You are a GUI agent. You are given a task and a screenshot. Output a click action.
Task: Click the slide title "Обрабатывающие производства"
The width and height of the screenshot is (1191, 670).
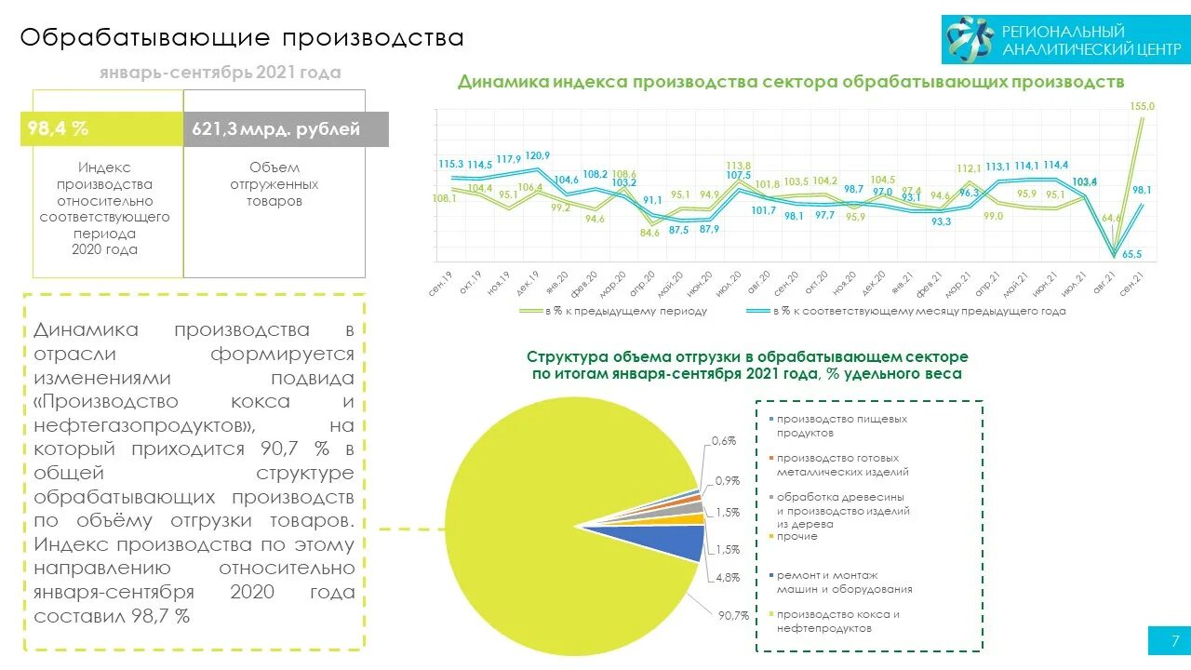click(x=242, y=37)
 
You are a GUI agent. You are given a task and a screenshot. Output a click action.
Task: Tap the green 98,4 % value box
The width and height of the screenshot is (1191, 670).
click(x=101, y=129)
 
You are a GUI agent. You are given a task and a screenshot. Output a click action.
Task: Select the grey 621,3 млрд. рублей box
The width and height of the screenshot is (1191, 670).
click(x=286, y=129)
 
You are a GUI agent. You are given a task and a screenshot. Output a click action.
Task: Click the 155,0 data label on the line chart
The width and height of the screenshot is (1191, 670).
click(x=1142, y=107)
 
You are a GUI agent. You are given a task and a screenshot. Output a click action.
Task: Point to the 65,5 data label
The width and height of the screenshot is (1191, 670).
click(x=1131, y=254)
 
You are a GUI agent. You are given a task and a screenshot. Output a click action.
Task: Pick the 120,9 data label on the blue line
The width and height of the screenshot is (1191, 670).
click(x=537, y=155)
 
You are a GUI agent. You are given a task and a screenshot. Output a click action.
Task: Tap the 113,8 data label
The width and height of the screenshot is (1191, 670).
click(x=739, y=166)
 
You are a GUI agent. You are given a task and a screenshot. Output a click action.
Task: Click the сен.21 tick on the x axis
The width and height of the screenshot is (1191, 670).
click(x=1131, y=282)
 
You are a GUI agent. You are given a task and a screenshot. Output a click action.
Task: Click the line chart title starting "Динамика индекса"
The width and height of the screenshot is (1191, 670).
click(x=791, y=82)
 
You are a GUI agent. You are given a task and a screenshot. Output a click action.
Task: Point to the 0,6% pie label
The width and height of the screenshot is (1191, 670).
click(x=724, y=440)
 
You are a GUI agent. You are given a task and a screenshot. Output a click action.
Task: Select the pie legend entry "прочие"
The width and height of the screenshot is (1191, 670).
click(x=796, y=537)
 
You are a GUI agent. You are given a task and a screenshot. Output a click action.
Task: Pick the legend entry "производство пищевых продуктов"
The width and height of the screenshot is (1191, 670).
click(x=841, y=425)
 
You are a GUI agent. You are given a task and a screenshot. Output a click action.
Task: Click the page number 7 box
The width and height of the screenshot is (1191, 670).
click(x=1168, y=640)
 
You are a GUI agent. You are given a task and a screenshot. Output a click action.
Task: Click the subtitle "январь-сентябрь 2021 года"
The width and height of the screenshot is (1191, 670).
click(x=220, y=73)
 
